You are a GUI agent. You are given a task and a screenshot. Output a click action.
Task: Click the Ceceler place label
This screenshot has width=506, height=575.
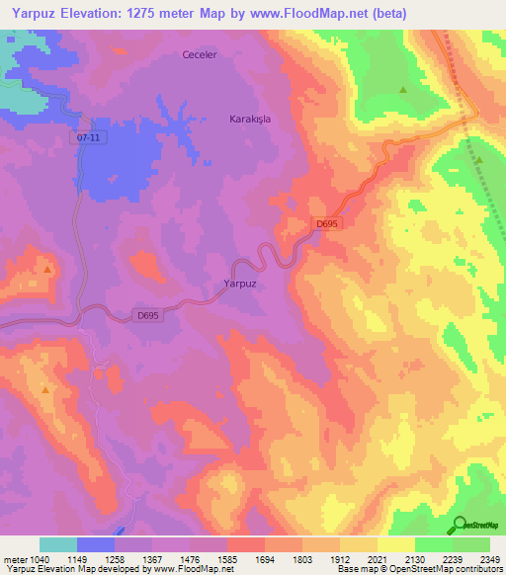coord(199,54)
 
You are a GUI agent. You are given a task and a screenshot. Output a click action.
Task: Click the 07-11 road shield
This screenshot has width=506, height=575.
coord(87,138)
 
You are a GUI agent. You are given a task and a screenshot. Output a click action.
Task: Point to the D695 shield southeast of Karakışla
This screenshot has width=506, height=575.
coord(328,225)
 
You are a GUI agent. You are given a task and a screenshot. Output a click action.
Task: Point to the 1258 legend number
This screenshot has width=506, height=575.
coord(128,558)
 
